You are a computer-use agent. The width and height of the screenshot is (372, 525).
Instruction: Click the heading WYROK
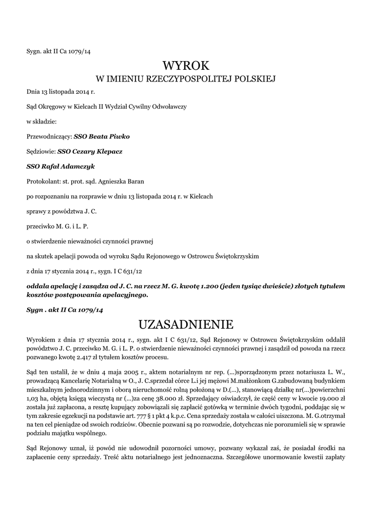[x=186, y=65]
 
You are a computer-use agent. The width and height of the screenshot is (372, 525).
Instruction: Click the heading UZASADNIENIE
[x=186, y=325]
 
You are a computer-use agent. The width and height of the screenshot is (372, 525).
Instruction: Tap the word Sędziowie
[x=41, y=152]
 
